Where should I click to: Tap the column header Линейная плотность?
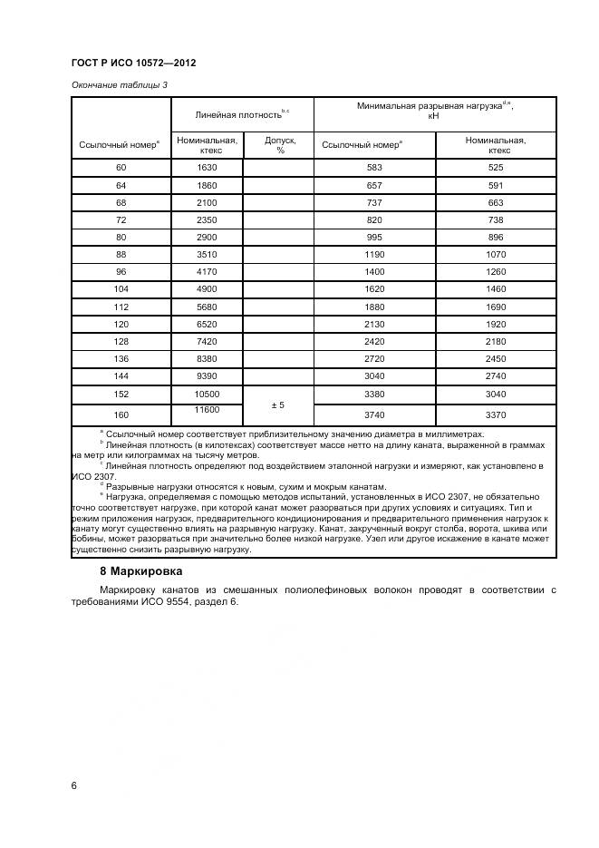(240, 115)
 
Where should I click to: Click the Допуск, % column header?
(279, 145)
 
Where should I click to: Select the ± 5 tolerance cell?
(278, 405)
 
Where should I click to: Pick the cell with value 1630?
(207, 168)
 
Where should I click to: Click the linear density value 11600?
(207, 411)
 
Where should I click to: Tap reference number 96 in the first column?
(121, 272)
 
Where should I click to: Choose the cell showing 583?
(374, 168)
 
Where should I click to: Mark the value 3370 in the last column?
(496, 415)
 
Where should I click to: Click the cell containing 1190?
(374, 255)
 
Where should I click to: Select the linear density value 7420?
(207, 341)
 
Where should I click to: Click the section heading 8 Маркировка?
(140, 571)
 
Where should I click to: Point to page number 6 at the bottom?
(73, 785)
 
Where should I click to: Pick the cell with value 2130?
(374, 324)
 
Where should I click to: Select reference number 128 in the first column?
(121, 341)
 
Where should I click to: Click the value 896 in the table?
(496, 238)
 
